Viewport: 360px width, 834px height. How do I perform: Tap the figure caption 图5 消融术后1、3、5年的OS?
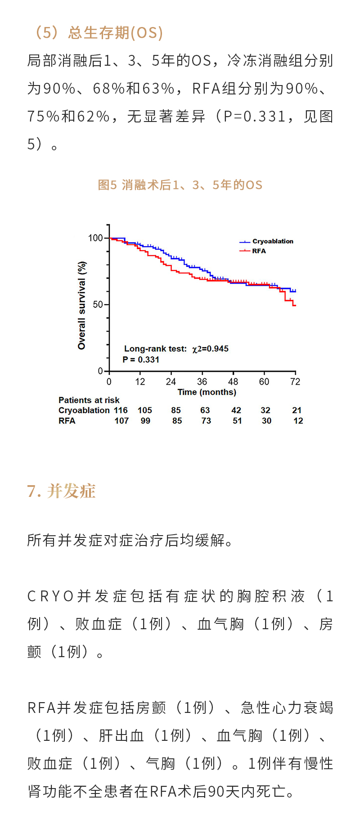pos(180,185)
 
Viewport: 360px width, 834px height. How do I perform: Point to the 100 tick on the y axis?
pos(95,238)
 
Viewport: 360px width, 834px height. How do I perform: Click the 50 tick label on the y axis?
pos(98,305)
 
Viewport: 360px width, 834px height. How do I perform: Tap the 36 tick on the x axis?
pos(202,382)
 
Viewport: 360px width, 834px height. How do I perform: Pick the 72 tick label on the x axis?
pos(295,382)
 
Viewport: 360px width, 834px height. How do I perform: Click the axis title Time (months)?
pos(207,392)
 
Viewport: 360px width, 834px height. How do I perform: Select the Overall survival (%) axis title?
pos(81,305)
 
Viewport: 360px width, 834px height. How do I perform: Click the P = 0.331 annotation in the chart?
pos(141,360)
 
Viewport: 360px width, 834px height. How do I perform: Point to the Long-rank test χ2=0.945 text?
pos(176,349)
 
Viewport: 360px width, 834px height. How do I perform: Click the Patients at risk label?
pos(89,400)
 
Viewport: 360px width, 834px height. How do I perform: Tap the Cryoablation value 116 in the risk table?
pos(121,410)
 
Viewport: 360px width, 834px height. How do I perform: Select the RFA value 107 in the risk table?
pos(121,421)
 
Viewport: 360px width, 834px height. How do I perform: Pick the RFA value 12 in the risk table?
pos(298,421)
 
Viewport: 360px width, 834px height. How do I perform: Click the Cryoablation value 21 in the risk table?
pos(297,410)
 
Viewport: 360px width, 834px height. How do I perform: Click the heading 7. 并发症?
pos(61,491)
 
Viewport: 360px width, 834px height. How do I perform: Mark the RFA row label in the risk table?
pos(67,421)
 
